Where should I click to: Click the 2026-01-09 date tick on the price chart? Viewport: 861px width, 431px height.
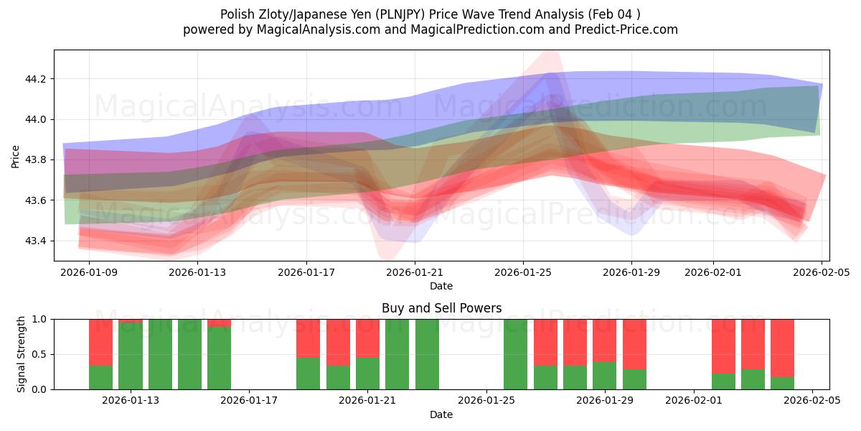click(x=90, y=272)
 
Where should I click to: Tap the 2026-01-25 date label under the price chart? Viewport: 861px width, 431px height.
click(x=522, y=272)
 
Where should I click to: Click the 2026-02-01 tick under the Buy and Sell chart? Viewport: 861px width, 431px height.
click(x=694, y=401)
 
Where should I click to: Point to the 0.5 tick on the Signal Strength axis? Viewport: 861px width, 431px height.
click(x=41, y=355)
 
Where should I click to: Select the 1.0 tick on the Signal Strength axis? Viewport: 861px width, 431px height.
click(x=41, y=320)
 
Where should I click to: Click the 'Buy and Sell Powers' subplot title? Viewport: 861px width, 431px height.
click(x=441, y=308)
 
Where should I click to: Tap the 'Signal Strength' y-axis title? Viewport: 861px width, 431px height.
click(x=22, y=354)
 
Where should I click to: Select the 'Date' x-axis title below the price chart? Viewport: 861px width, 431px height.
click(x=441, y=286)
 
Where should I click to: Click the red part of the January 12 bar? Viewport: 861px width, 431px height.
click(x=100, y=342)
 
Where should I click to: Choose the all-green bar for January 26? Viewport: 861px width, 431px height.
click(x=515, y=354)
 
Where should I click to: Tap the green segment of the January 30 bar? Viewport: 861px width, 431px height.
click(x=634, y=379)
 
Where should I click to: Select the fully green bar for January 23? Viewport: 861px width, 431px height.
click(x=427, y=354)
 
